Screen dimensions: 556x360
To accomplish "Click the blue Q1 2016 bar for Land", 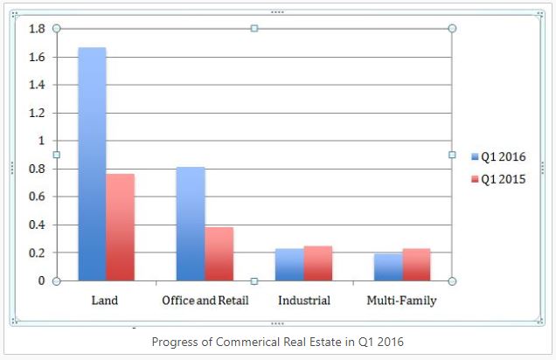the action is tap(92, 164).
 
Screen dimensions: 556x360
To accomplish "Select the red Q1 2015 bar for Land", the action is tap(121, 227).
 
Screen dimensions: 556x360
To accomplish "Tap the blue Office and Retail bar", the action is tap(191, 224).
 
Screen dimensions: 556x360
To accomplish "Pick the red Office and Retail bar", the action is tap(219, 254).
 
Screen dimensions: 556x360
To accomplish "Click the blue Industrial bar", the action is tap(289, 265).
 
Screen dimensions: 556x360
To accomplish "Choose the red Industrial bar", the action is tap(318, 264).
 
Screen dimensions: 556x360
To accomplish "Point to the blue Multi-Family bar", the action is tap(388, 267).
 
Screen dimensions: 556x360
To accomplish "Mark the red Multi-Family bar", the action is tap(416, 265).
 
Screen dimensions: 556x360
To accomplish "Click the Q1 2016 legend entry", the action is tap(498, 156).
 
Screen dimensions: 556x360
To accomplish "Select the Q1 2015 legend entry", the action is tap(498, 179).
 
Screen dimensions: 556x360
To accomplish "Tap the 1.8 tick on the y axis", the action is tap(37, 29).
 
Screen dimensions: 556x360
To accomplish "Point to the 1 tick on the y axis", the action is tap(41, 141).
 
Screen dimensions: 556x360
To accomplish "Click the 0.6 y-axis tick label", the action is tap(37, 197).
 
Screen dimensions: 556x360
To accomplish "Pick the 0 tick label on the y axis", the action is tap(41, 280).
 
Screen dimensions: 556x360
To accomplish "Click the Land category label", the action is tap(105, 301).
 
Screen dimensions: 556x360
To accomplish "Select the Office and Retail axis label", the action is tap(205, 301).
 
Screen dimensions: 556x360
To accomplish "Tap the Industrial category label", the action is tap(304, 301).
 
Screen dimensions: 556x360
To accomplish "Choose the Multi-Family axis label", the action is tap(402, 301).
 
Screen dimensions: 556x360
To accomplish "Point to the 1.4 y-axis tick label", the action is tap(37, 85).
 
